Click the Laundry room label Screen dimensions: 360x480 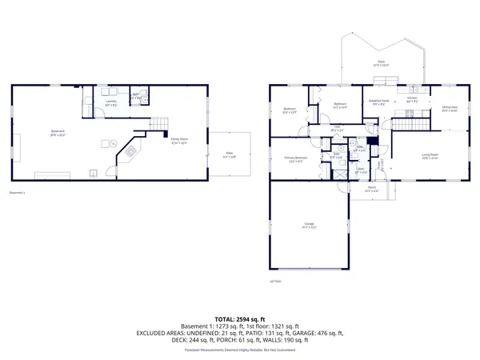pos(111,102)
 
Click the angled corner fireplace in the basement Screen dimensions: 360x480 pos(129,151)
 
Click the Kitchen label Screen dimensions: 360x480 pos(412,101)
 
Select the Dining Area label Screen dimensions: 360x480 pos(450,108)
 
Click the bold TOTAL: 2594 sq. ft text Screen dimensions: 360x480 pos(239,318)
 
